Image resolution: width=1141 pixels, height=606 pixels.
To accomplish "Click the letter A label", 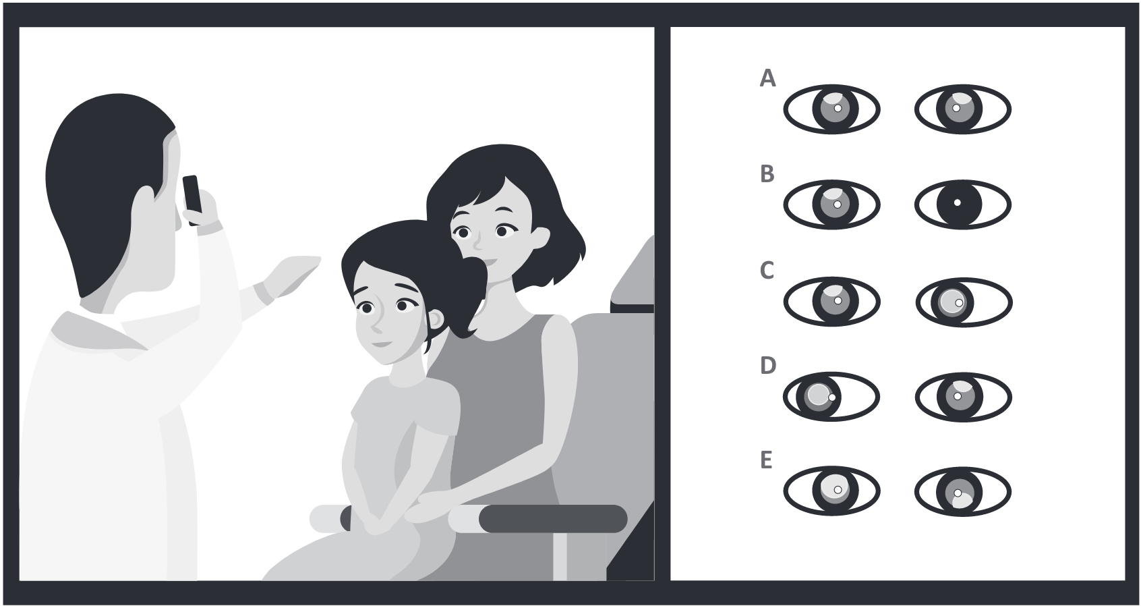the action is point(767,78).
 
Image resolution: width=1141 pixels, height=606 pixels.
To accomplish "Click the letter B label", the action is point(767,174).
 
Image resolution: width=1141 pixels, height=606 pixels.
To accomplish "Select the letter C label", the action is point(767,270).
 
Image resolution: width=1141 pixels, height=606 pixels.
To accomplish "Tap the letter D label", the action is point(768,366).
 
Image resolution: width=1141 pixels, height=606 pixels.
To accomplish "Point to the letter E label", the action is point(766,460).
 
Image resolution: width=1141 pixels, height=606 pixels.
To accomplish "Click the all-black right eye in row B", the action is point(963,204).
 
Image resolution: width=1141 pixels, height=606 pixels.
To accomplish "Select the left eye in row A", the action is point(831,109).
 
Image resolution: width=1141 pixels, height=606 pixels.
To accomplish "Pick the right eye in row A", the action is point(963,109).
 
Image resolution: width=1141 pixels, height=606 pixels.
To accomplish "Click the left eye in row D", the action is point(831,396).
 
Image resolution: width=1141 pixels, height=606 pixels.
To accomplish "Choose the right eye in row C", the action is point(964,302).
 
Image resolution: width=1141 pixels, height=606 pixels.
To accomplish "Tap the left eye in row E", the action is point(831,491).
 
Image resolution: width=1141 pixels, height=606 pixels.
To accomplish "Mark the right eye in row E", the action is point(963,491).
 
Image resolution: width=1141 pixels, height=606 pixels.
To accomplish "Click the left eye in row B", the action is point(831,204).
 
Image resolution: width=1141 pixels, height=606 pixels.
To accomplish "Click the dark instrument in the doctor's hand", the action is point(192,200).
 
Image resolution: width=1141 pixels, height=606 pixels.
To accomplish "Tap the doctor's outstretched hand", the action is point(291,275).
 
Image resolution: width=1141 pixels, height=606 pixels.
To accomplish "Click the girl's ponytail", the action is point(467,296).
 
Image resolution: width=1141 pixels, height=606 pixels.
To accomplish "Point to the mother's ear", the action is point(540,238).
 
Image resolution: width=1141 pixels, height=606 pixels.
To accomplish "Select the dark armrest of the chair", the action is point(553,519).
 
